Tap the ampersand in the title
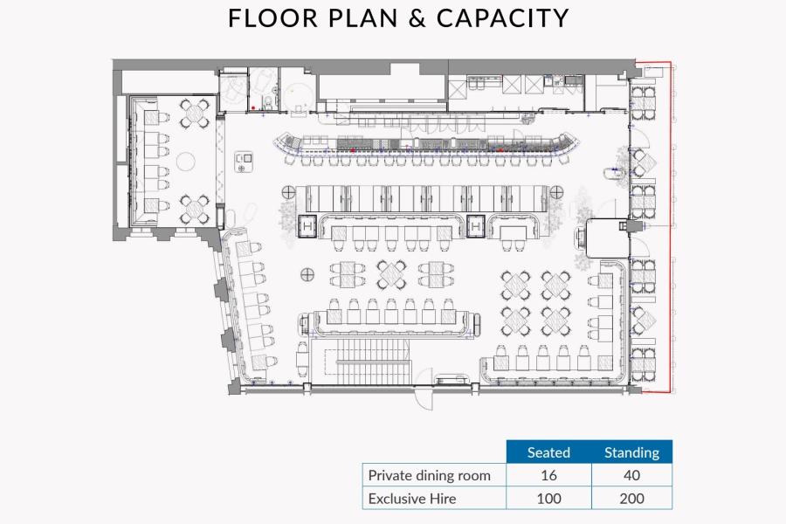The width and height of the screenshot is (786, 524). point(417,18)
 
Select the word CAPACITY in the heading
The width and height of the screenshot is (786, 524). point(503,18)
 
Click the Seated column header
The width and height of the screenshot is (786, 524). point(548,452)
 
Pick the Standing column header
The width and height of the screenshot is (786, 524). point(631,452)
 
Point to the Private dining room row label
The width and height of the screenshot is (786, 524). point(429,475)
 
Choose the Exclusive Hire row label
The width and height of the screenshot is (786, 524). point(412,499)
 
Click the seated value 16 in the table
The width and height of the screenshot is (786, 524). point(548,475)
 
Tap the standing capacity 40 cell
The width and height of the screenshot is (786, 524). point(631,475)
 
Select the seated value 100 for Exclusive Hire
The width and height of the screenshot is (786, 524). point(548,499)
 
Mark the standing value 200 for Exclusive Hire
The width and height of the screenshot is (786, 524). point(631,499)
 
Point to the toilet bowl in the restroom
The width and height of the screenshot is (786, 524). point(270,103)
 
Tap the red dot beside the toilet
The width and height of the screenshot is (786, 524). point(253,107)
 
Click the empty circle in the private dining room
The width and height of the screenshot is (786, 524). point(186,161)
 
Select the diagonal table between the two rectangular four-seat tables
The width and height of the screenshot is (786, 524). point(391,274)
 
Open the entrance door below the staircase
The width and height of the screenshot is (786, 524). point(424,398)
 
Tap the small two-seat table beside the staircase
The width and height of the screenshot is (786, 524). point(302,359)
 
